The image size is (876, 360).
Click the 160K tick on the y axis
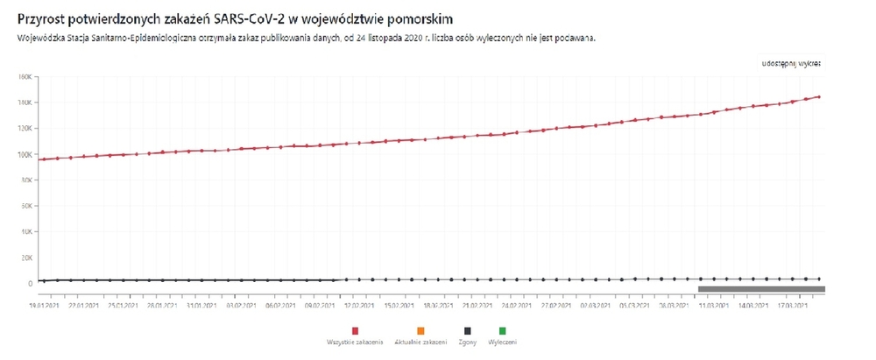[25, 77]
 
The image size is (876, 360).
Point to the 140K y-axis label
[25, 102]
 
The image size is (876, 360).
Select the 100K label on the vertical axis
[25, 154]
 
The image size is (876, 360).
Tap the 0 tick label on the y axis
[29, 284]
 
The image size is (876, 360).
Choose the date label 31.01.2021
[201, 307]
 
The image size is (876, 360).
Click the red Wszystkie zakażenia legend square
[356, 331]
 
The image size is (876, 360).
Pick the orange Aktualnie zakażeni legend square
[420, 331]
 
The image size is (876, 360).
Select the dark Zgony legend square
[468, 331]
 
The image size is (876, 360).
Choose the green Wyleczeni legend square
[503, 331]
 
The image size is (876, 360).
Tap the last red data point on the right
[819, 96]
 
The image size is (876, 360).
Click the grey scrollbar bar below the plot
[760, 289]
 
